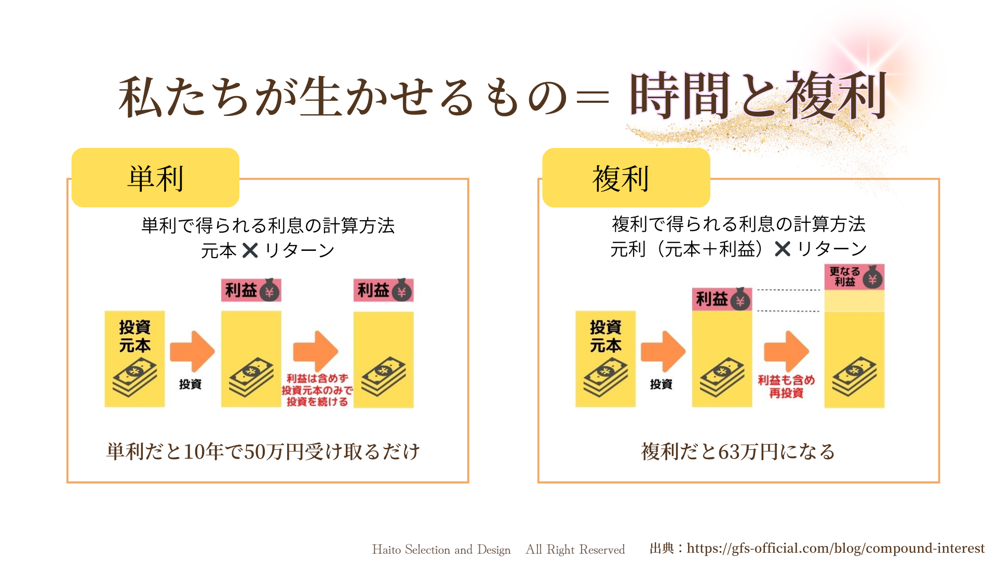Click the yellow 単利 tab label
(155, 178)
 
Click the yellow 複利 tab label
(621, 178)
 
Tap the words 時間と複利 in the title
(758, 97)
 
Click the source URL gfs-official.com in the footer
(835, 549)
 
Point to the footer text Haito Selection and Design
(441, 550)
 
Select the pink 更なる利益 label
(845, 277)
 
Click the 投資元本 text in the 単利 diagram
(134, 336)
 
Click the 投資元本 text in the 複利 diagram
(605, 336)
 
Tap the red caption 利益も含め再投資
(786, 386)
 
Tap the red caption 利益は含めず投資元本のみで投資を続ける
(317, 390)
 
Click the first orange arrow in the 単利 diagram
(192, 351)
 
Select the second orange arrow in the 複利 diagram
(786, 351)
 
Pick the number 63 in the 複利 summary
(730, 452)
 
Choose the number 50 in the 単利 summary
(255, 452)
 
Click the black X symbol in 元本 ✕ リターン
(250, 250)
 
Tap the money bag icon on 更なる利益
(872, 278)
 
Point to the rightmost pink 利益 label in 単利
(374, 290)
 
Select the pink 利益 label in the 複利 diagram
(712, 299)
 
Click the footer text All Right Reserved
(575, 550)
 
